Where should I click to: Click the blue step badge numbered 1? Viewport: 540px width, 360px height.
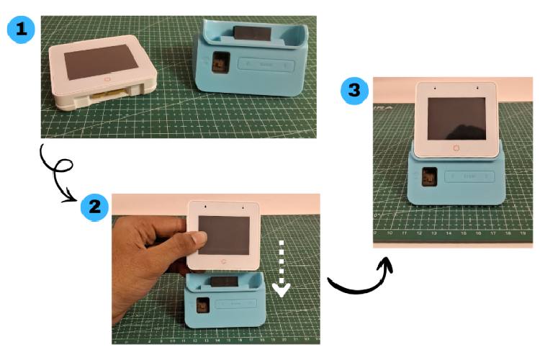coord(19,30)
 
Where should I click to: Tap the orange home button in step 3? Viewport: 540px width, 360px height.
coord(455,148)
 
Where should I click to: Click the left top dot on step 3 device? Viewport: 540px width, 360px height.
coord(436,89)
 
